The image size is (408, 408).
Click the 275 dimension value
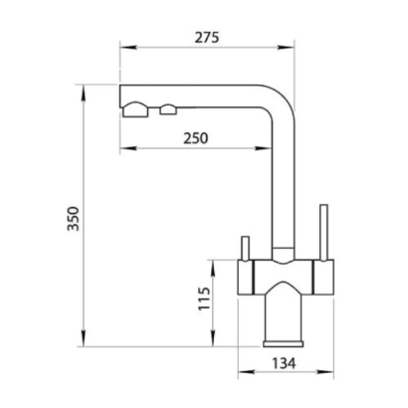(207, 37)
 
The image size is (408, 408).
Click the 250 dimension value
(196, 138)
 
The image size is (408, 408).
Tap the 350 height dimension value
(74, 218)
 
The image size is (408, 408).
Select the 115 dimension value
(204, 299)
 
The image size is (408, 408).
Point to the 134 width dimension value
(284, 363)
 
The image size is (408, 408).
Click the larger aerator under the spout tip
(135, 109)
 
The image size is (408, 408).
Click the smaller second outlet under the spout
(168, 109)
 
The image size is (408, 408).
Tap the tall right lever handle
(323, 232)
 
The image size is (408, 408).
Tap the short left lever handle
(246, 249)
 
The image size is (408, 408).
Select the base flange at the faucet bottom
(284, 343)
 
